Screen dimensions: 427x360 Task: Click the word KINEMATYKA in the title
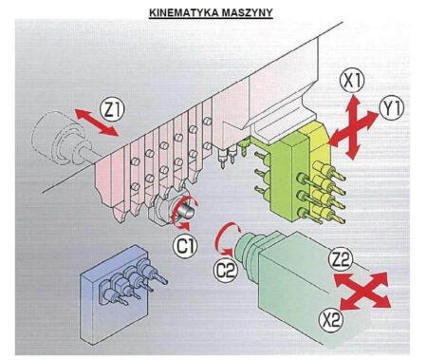(x=183, y=12)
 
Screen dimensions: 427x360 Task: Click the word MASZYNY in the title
(x=247, y=12)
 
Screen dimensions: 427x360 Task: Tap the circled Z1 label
(x=112, y=109)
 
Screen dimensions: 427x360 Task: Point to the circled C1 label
(x=185, y=246)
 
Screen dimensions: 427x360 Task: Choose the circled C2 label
(x=226, y=270)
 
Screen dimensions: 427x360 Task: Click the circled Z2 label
(x=341, y=259)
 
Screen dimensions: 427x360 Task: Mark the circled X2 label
(x=331, y=320)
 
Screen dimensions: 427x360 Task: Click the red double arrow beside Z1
(x=97, y=123)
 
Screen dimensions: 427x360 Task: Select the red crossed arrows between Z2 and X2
(x=363, y=291)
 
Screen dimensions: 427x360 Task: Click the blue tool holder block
(x=115, y=294)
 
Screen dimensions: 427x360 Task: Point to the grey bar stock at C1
(x=187, y=210)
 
